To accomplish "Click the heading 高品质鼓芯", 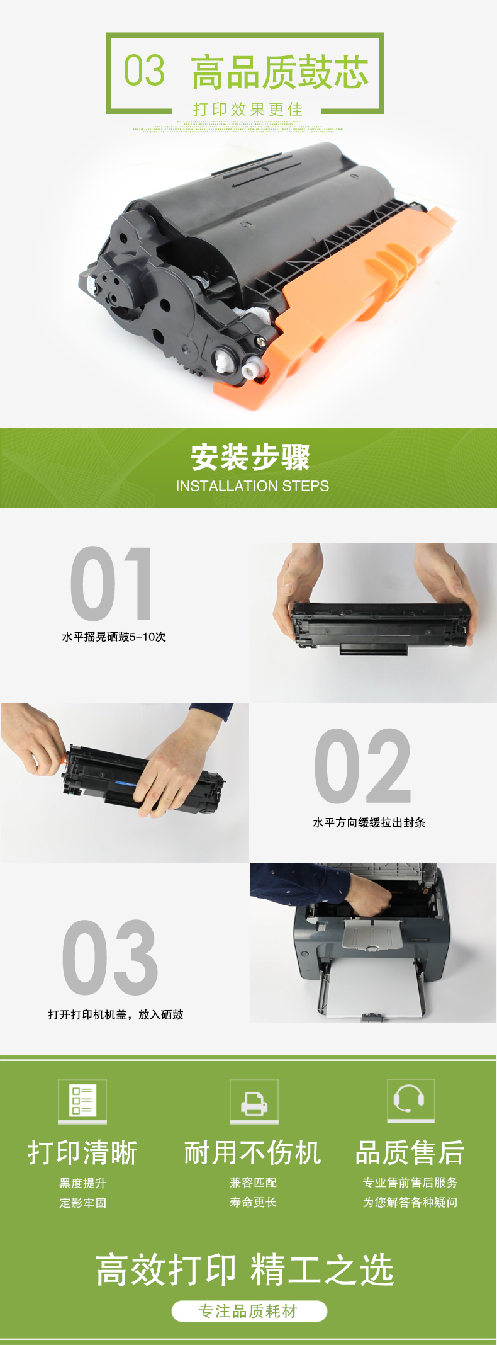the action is click(x=280, y=72).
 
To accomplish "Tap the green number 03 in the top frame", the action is click(x=145, y=70).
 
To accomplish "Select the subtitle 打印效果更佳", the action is click(x=248, y=110).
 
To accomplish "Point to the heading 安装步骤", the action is click(x=250, y=458).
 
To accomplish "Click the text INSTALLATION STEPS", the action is click(x=252, y=486).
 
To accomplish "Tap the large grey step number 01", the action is click(x=111, y=584).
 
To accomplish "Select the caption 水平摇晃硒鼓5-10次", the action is click(x=114, y=637).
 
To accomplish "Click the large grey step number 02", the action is click(x=363, y=766).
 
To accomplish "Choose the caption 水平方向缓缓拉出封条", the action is click(x=369, y=822).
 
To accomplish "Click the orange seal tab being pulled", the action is click(x=64, y=760).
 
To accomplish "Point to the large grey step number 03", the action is click(x=110, y=958).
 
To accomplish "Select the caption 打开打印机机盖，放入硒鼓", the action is click(x=116, y=1014).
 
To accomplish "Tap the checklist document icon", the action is click(x=82, y=1101).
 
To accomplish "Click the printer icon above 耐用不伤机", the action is click(x=254, y=1101).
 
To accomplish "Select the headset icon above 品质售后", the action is click(x=411, y=1101).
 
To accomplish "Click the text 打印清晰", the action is click(x=83, y=1153).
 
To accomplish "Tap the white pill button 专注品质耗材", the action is click(x=249, y=1312).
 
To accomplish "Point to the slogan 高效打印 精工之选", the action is click(x=245, y=1269).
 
